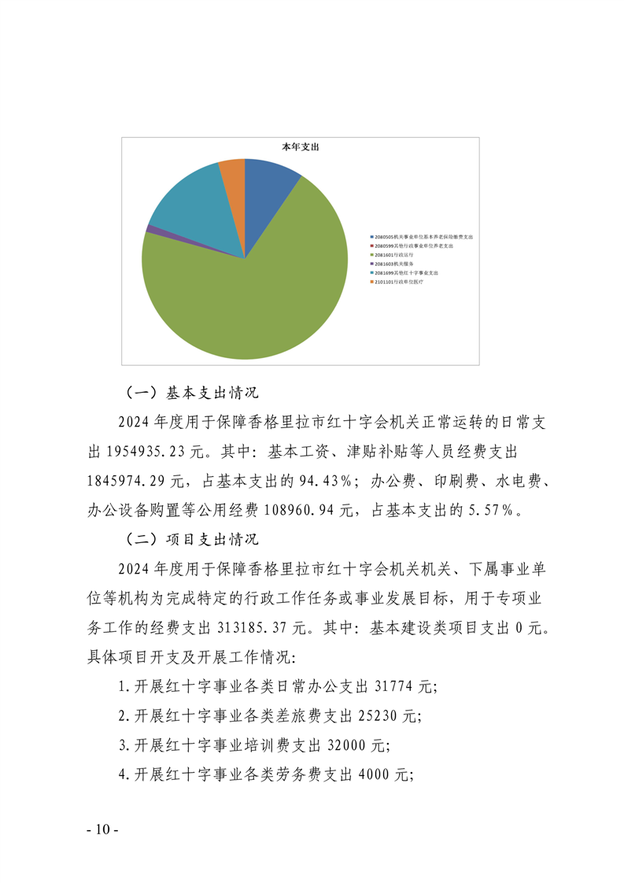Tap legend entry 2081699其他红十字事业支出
(407, 272)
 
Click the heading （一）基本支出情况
(192, 391)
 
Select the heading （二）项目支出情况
(192, 541)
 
